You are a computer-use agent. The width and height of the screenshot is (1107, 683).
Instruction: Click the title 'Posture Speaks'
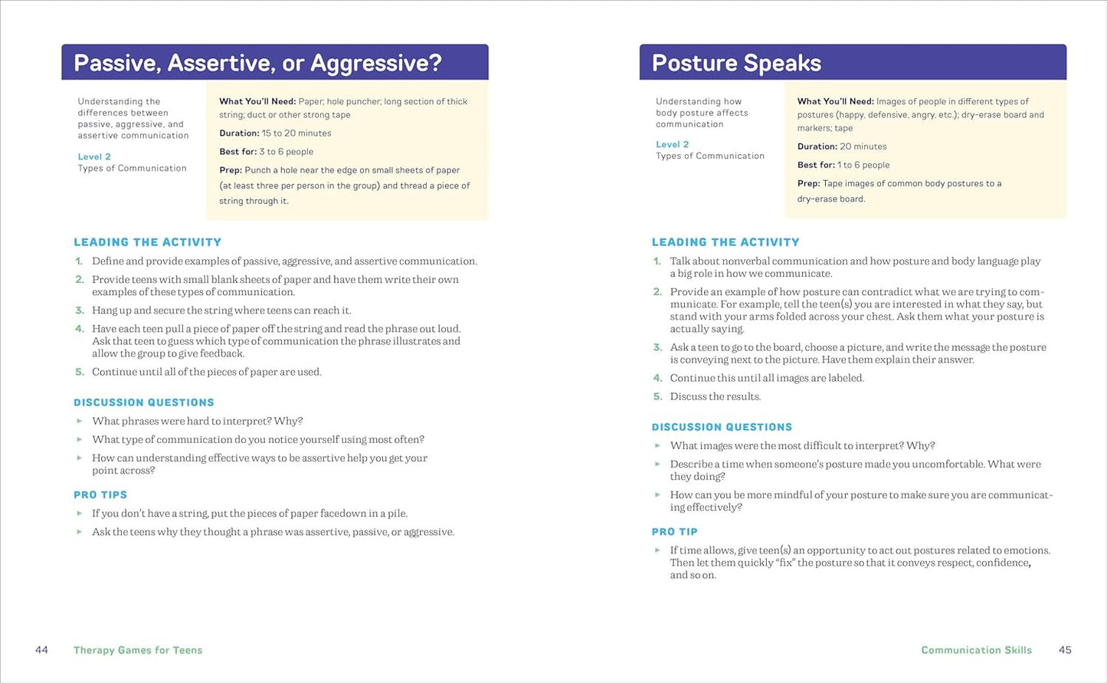(735, 63)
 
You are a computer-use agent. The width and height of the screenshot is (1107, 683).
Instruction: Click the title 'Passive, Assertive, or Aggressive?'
(257, 63)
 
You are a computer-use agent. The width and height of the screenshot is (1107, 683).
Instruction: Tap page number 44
(41, 650)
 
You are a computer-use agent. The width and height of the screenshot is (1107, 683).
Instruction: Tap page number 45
(1065, 650)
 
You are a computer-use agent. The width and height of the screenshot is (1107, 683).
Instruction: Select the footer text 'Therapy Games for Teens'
(138, 650)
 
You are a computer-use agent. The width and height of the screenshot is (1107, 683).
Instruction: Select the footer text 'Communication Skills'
(976, 650)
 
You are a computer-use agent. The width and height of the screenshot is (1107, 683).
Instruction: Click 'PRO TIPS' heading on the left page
(100, 495)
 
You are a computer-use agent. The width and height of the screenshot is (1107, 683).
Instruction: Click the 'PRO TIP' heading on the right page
(674, 532)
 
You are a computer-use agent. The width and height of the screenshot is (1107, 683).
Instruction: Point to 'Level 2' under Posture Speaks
(672, 144)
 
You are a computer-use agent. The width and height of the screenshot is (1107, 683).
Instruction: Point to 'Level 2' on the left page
(94, 156)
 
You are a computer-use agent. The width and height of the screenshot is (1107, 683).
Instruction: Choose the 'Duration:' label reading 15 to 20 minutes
(239, 133)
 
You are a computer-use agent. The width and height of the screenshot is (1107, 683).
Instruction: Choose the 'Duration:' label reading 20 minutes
(817, 146)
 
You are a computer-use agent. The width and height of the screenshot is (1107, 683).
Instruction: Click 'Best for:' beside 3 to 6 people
(237, 152)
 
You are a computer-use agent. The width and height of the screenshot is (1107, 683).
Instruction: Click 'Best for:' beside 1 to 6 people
(816, 165)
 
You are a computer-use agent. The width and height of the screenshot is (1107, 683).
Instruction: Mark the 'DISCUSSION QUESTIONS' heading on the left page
(143, 402)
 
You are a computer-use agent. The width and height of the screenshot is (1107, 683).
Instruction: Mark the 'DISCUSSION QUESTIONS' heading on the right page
(722, 427)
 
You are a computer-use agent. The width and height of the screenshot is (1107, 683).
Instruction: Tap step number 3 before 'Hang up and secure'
(79, 310)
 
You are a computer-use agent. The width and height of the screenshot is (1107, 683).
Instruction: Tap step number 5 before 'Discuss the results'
(657, 396)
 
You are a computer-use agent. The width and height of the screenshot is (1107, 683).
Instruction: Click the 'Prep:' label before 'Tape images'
(808, 183)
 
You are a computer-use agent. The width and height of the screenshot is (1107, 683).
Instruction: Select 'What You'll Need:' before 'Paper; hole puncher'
(257, 101)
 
